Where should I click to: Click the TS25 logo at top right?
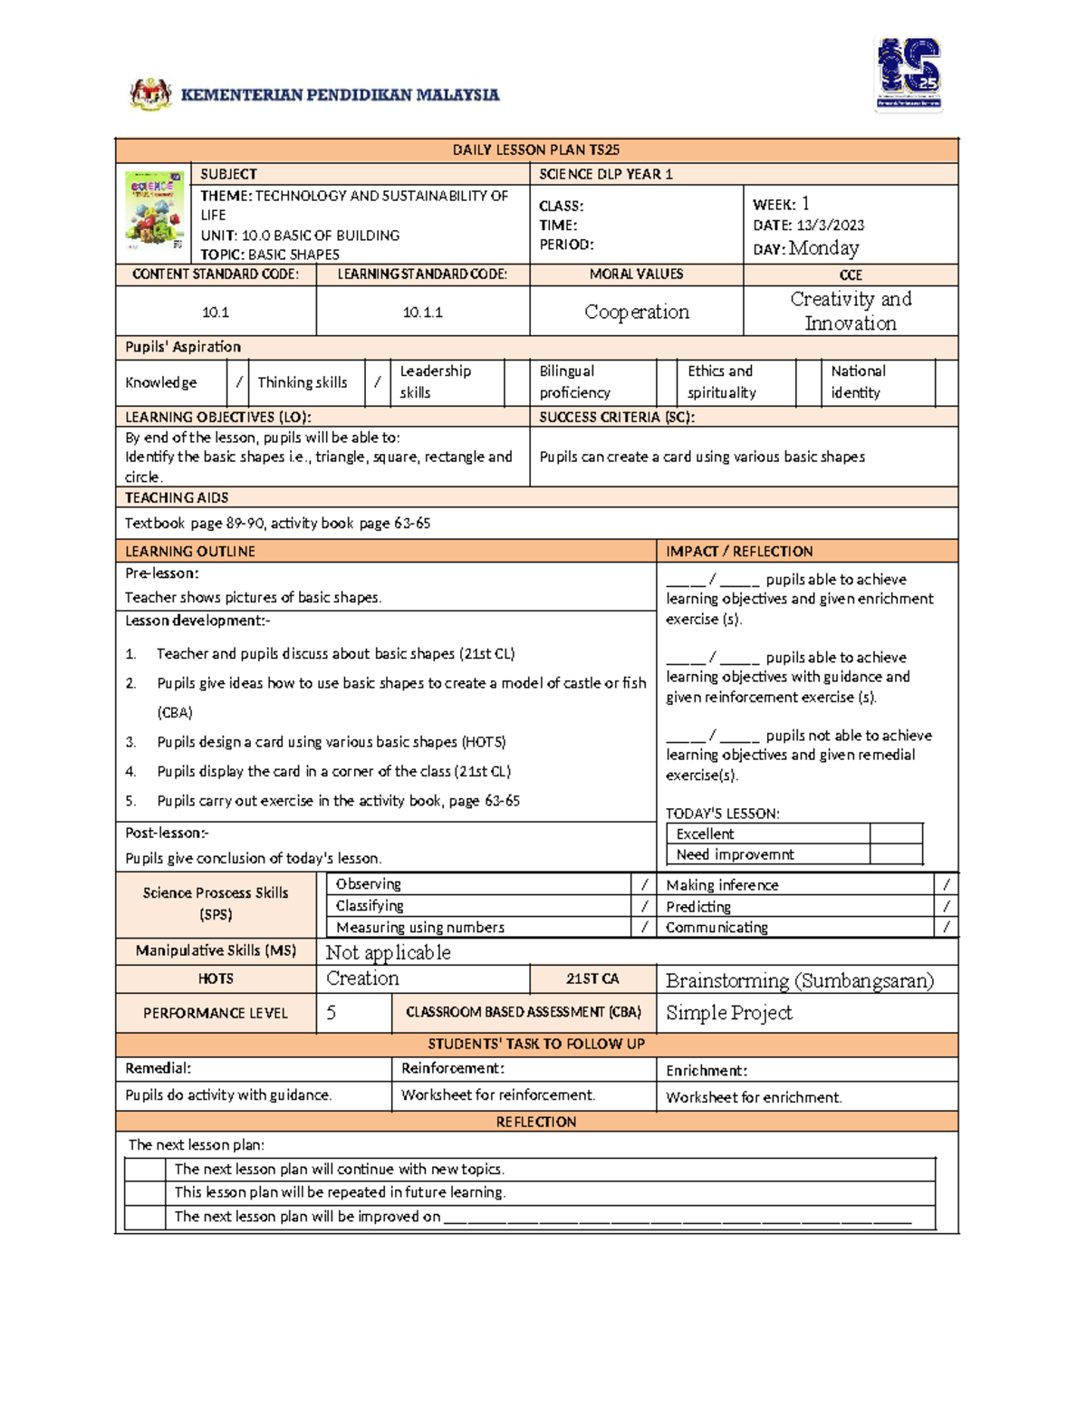(909, 74)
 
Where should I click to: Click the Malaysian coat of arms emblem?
(150, 94)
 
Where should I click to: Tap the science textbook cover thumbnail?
(154, 211)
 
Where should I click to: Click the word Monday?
(823, 248)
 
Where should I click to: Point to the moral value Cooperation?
(636, 312)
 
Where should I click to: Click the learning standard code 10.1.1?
(422, 313)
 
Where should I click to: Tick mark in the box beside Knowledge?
(239, 382)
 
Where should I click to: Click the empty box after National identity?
(946, 382)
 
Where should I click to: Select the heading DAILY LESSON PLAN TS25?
(536, 150)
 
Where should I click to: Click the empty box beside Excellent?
(895, 834)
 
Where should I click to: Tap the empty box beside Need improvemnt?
(895, 854)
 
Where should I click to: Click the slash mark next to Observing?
(644, 884)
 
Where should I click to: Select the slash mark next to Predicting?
(946, 906)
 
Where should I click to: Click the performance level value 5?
(332, 1013)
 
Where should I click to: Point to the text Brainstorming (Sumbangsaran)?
(799, 980)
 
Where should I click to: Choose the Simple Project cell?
(729, 1013)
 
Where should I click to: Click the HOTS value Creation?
(362, 978)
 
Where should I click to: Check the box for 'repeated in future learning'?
(145, 1193)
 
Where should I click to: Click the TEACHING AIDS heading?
(177, 497)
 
